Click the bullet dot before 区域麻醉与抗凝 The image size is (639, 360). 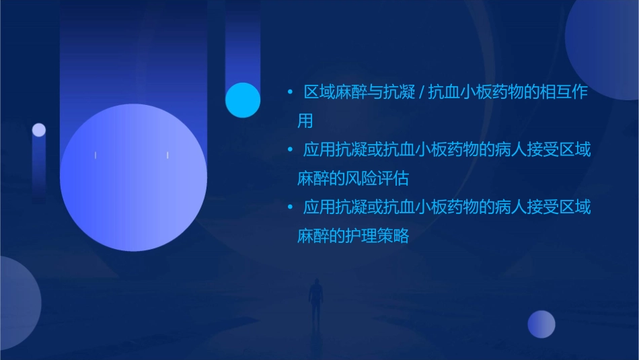(290, 92)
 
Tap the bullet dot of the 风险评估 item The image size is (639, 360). (290, 149)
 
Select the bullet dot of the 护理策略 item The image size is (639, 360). (290, 207)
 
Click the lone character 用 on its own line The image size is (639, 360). (305, 121)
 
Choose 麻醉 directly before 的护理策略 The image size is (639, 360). (313, 236)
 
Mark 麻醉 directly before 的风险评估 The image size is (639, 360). (313, 178)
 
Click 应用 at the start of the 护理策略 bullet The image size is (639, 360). (319, 207)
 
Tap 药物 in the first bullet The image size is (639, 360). (496, 92)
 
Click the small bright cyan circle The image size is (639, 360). (243, 100)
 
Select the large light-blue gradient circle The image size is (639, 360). (133, 177)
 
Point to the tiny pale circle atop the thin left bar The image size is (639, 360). (39, 130)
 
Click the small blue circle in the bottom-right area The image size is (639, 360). (541, 324)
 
